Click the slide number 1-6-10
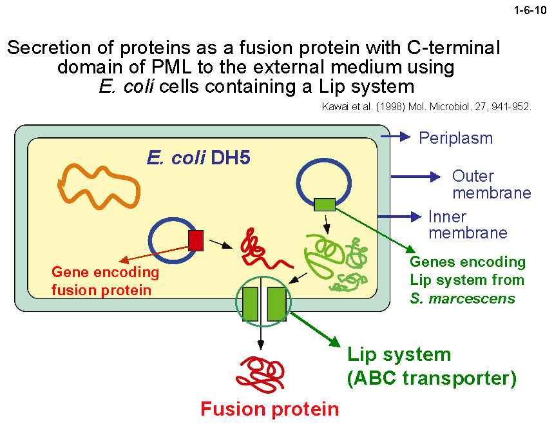tap(530, 10)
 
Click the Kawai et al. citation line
tap(426, 107)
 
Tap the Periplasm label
tap(455, 138)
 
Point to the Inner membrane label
tap(467, 225)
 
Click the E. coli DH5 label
tap(198, 158)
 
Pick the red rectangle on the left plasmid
tap(196, 240)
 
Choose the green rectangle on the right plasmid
tap(325, 204)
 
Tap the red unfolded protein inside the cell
tap(261, 251)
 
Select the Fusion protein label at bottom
tap(269, 409)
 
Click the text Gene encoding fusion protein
tap(104, 281)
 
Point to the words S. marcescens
tap(463, 298)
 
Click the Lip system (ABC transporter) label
tap(432, 366)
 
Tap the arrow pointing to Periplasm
tap(396, 137)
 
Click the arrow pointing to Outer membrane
tap(415, 176)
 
